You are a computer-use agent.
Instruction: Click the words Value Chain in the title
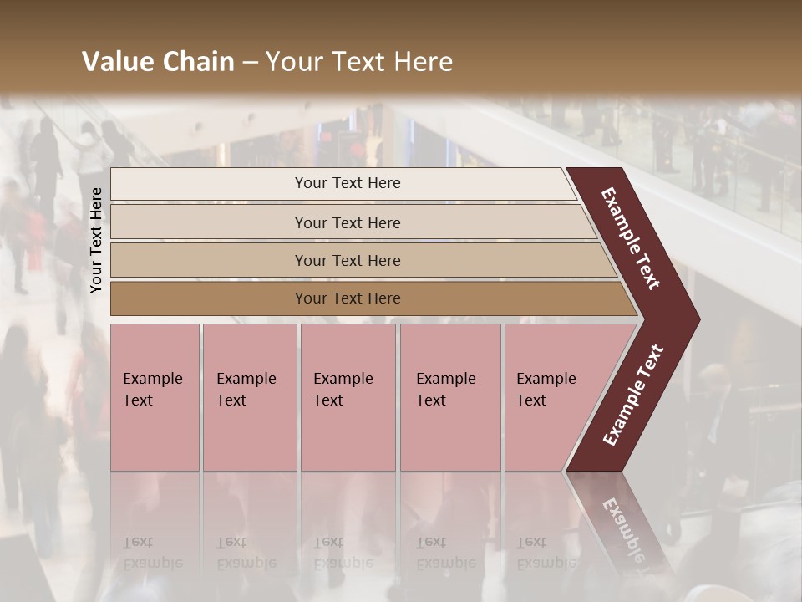coord(158,62)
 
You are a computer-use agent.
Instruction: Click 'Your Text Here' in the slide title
coord(359,62)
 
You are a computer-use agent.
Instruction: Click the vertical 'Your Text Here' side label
coord(96,240)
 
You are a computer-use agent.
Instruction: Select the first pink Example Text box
coord(155,397)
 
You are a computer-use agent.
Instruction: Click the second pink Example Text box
coord(249,397)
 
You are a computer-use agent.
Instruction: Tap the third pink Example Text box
coord(348,397)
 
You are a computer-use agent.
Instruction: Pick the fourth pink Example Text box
coord(449,397)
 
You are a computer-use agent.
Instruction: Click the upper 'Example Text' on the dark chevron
coord(631,238)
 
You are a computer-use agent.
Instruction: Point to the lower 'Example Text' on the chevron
coord(633,395)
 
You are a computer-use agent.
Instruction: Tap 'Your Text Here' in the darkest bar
coord(348,298)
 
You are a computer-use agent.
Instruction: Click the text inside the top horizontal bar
coord(348,183)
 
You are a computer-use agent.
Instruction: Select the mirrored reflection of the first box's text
coord(152,552)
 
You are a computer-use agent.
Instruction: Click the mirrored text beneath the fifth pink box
coord(546,552)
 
